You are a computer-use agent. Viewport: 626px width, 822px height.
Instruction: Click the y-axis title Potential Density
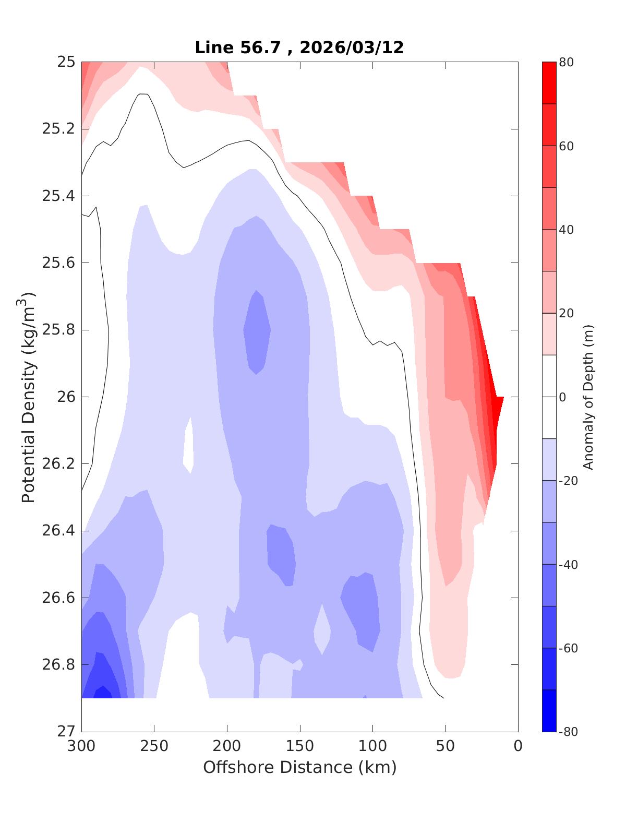29,397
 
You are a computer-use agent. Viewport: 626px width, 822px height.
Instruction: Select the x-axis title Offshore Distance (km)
299,767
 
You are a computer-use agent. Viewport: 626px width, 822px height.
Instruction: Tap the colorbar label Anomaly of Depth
588,397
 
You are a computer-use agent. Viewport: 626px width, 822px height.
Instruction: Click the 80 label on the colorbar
567,62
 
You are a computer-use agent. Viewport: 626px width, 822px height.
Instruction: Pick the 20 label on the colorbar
567,313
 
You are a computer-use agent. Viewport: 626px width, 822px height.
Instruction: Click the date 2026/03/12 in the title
352,47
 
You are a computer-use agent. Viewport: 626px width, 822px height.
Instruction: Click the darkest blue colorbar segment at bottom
549,710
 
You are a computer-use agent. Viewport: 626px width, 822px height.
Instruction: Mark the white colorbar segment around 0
549,397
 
